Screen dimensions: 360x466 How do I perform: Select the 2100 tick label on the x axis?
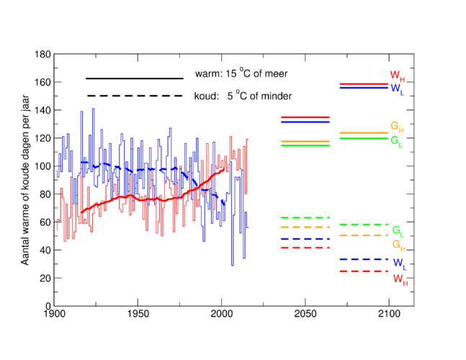[389, 314]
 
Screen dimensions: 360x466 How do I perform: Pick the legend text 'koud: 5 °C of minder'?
[243, 96]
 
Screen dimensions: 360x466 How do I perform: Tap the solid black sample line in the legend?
[135, 78]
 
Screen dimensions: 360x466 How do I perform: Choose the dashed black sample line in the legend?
[135, 96]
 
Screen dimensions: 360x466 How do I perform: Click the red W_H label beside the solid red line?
[397, 75]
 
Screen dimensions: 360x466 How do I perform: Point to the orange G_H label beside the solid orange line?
[397, 126]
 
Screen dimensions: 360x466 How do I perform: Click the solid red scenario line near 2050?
[305, 117]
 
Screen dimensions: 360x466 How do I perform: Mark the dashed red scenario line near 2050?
[305, 248]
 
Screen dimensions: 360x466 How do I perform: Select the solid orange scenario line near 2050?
[305, 141]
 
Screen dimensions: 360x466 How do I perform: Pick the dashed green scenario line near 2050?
[305, 217]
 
